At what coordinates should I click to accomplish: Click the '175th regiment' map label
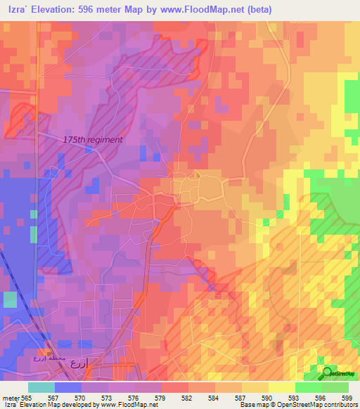coord(92,140)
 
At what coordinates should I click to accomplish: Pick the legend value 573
coord(108,397)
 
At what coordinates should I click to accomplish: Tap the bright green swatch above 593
coord(308,387)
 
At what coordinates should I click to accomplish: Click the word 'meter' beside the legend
coord(11,397)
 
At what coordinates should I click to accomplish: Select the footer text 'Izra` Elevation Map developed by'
coord(53,405)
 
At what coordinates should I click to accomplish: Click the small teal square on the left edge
coord(10,300)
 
